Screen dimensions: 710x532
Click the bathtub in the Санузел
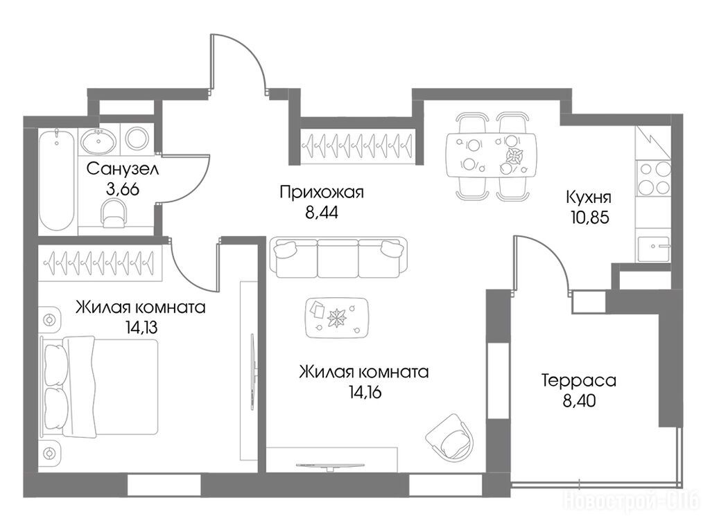[56, 179]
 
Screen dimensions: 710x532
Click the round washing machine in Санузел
[138, 138]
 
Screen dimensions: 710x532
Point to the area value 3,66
[122, 189]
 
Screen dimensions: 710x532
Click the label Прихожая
[322, 193]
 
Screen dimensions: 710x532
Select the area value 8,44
[322, 212]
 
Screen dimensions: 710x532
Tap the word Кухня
[589, 197]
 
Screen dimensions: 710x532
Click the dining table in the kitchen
[491, 155]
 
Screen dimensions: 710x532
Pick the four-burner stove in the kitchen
[653, 178]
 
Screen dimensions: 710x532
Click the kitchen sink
[654, 249]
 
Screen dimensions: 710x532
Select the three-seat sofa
[338, 258]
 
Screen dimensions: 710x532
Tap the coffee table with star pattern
[337, 317]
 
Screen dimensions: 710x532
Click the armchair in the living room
[450, 436]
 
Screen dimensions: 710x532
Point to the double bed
[99, 387]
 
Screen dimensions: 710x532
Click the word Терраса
[579, 380]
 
